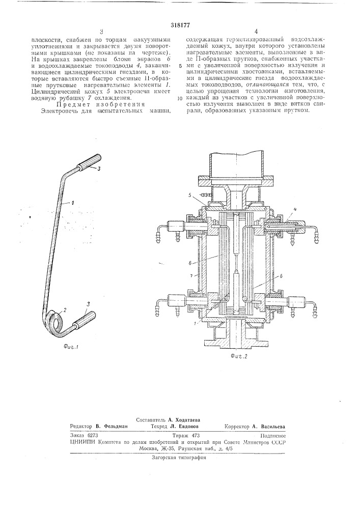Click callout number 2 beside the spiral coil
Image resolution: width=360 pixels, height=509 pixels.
tap(64, 309)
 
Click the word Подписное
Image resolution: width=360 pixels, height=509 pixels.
tap(271, 436)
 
